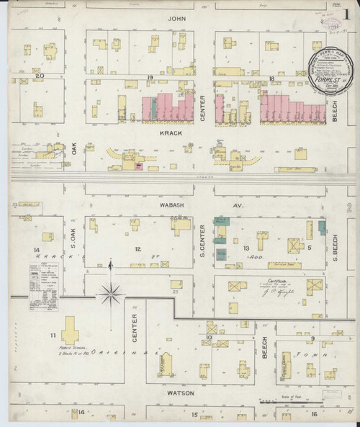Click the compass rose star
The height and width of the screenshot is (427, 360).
(x=109, y=292)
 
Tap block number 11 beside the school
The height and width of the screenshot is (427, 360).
(x=52, y=336)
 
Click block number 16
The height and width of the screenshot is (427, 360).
(x=314, y=415)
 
